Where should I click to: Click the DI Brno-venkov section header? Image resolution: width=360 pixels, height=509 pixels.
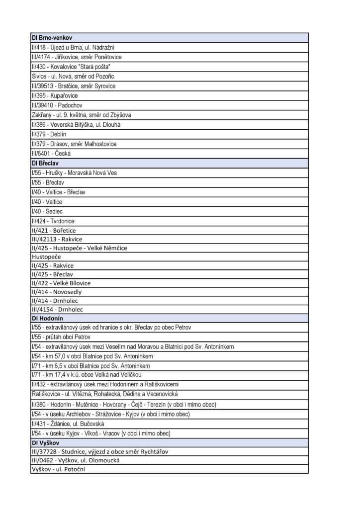point(53,37)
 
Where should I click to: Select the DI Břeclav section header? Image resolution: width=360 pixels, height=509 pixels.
point(46,163)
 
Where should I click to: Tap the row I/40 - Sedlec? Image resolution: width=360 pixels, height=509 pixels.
point(47,211)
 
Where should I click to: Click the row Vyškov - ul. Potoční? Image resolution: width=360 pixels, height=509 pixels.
point(58,468)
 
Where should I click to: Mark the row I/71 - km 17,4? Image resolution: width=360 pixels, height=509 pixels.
point(80,375)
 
